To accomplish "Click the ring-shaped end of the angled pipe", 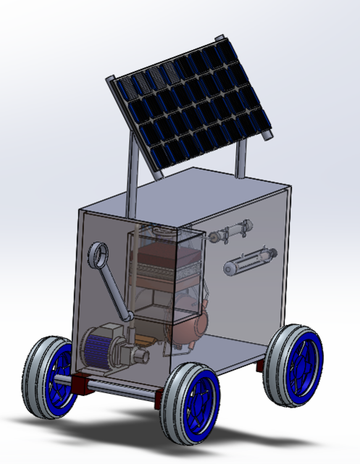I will coord(99,255).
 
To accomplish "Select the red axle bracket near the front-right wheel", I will coord(160,396).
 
